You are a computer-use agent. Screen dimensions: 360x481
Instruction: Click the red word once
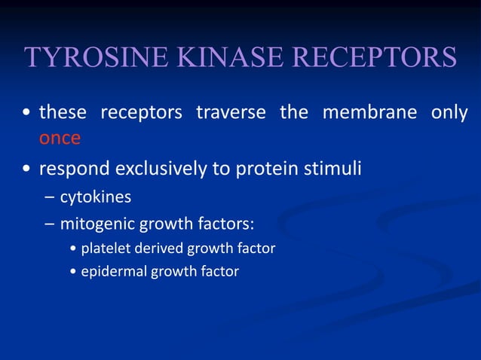pyautogui.click(x=60, y=139)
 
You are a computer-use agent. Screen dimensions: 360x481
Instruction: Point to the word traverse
pyautogui.click(x=231, y=113)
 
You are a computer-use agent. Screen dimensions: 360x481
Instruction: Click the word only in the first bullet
pyautogui.click(x=449, y=113)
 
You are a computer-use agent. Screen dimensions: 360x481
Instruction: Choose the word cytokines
pyautogui.click(x=96, y=197)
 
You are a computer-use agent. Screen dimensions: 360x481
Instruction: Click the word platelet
pyautogui.click(x=105, y=248)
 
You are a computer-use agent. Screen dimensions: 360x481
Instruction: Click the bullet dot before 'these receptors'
pyautogui.click(x=27, y=114)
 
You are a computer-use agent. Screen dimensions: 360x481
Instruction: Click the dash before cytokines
pyautogui.click(x=49, y=197)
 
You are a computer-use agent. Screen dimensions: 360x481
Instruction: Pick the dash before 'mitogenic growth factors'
pyautogui.click(x=49, y=224)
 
